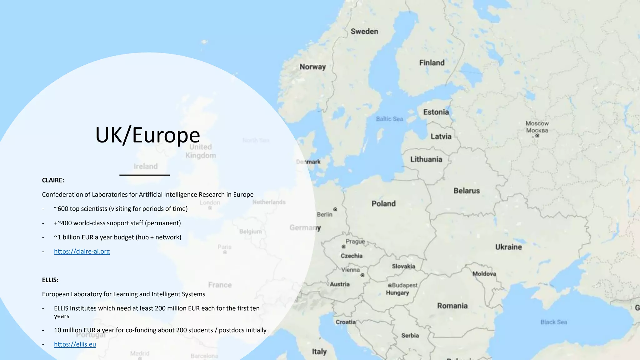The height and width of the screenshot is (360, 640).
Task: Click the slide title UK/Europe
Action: pyautogui.click(x=147, y=135)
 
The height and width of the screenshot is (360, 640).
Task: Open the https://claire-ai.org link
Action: pyautogui.click(x=82, y=251)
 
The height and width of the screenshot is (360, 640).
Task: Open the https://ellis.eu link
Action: pyautogui.click(x=75, y=344)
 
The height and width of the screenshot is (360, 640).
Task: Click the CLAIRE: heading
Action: pyautogui.click(x=53, y=180)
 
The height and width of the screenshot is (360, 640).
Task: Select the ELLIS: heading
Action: pyautogui.click(x=50, y=280)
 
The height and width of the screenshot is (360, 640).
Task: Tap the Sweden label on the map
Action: pyautogui.click(x=364, y=31)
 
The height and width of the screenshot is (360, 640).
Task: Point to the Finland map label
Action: pyautogui.click(x=432, y=62)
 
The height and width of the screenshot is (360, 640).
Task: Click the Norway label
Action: pyautogui.click(x=312, y=67)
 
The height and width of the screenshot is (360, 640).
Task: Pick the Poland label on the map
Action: pyautogui.click(x=383, y=203)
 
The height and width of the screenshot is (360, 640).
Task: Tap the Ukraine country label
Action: pyautogui.click(x=508, y=247)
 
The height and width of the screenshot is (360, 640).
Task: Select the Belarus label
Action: pyautogui.click(x=467, y=191)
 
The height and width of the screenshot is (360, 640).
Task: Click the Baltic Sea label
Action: pyautogui.click(x=389, y=119)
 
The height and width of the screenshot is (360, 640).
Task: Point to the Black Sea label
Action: pyautogui.click(x=553, y=322)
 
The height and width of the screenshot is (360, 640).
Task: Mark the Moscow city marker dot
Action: pyautogui.click(x=537, y=136)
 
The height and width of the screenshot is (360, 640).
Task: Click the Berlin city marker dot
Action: pyautogui.click(x=335, y=209)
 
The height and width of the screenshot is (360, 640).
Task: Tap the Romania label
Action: pyautogui.click(x=452, y=306)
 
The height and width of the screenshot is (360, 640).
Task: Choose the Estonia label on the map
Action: pyautogui.click(x=436, y=112)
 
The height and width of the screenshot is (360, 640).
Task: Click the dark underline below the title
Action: pyautogui.click(x=144, y=175)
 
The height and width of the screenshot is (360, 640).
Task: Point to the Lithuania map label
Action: pyautogui.click(x=426, y=159)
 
